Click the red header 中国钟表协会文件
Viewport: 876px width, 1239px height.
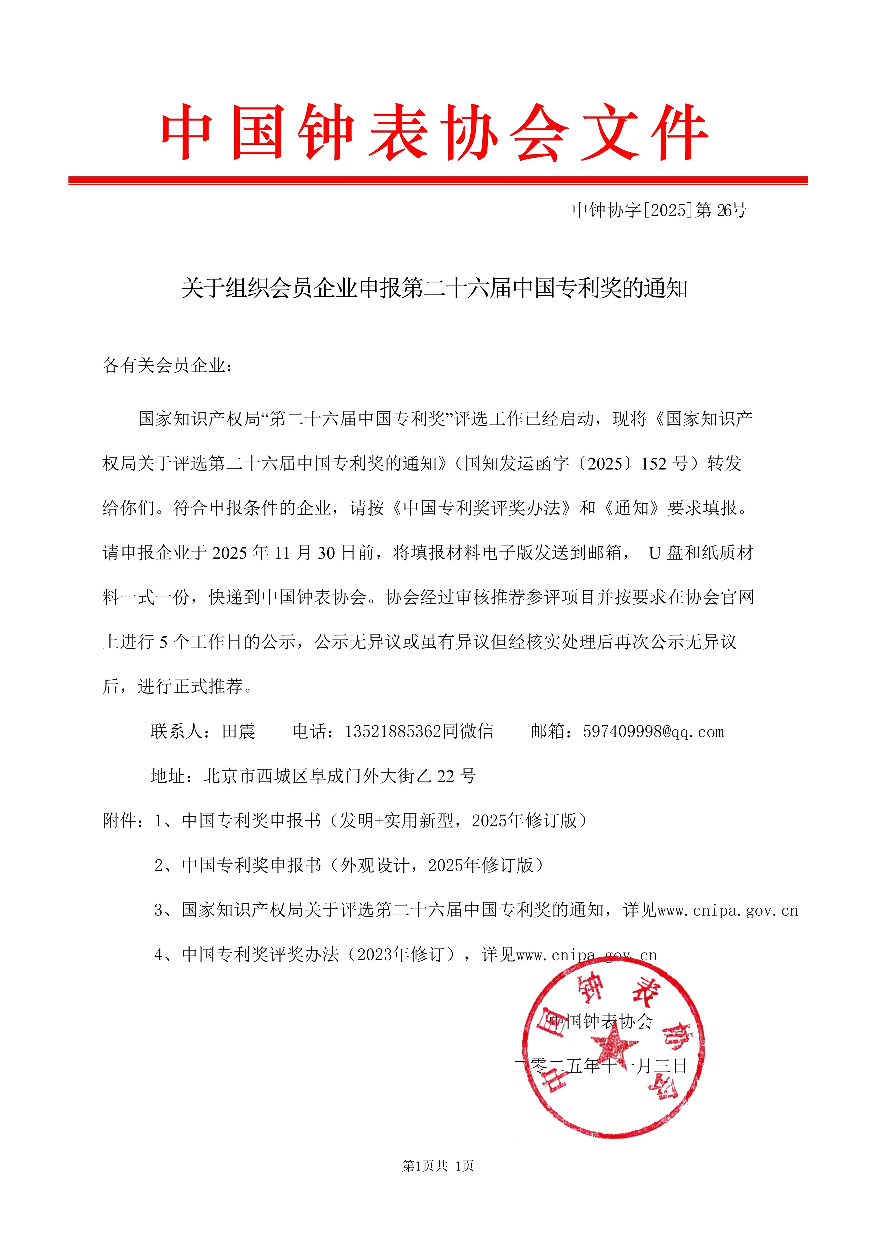[x=434, y=132]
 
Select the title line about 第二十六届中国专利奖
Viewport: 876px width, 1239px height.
[x=434, y=289]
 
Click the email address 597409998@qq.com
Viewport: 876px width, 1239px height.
[x=653, y=732]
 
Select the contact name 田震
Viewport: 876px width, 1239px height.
[x=239, y=732]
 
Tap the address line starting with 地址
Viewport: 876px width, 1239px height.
[x=313, y=776]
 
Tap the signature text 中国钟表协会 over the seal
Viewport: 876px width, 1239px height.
[x=600, y=1021]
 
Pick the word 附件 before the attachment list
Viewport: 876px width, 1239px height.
[x=120, y=821]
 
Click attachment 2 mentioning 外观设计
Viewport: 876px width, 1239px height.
[x=348, y=866]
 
